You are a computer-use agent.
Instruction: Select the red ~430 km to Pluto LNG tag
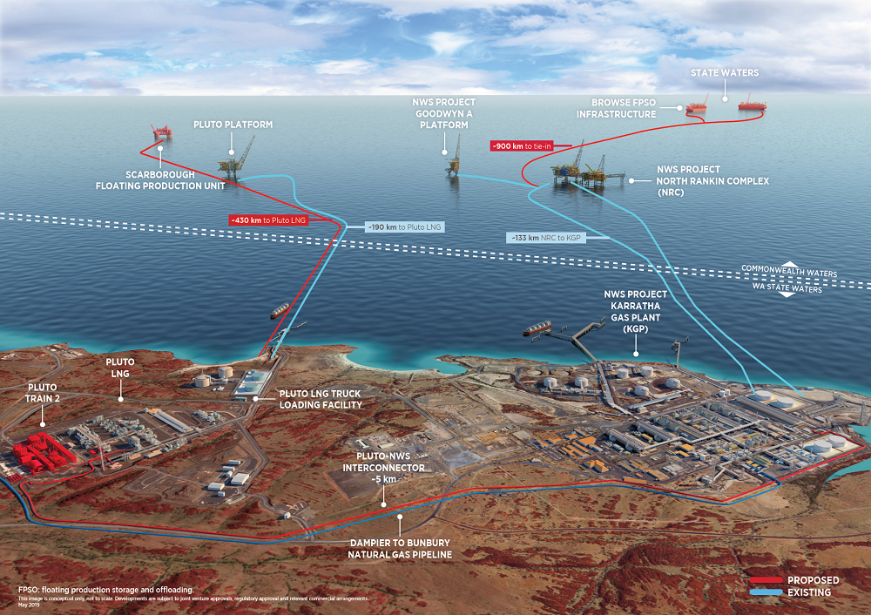coord(267,220)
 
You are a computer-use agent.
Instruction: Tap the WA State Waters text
coord(786,289)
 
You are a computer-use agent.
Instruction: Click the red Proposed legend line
coord(766,580)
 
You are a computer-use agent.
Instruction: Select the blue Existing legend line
coord(766,592)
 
